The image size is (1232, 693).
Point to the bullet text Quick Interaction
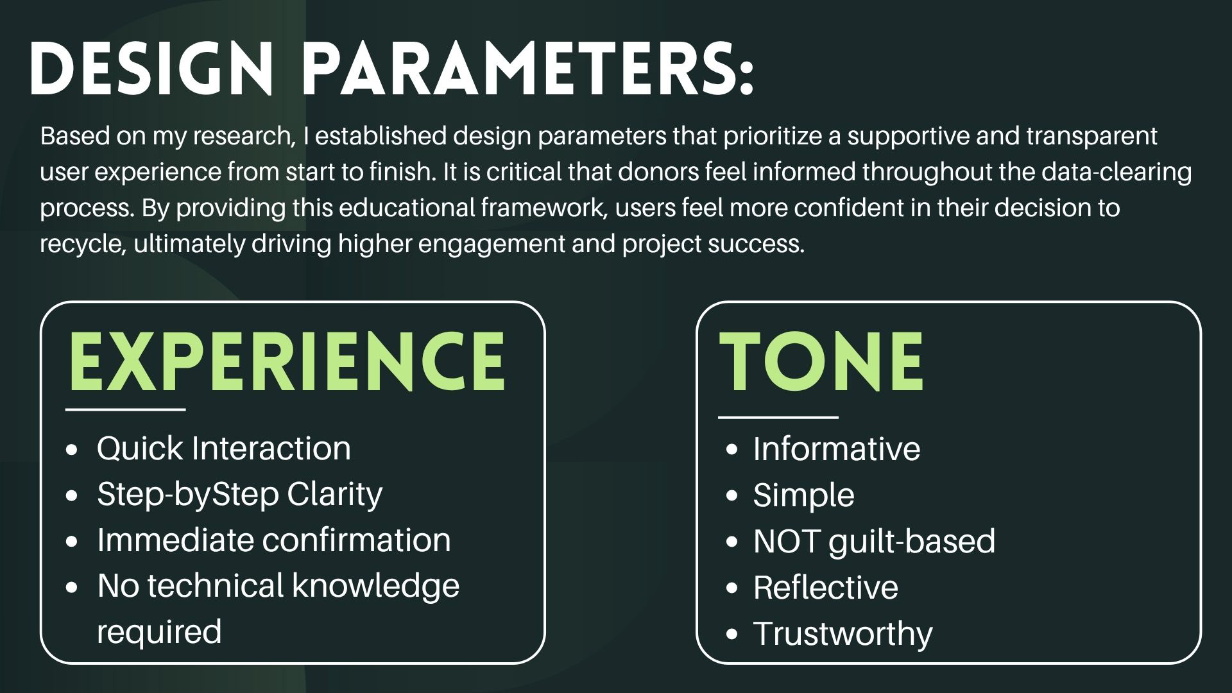pos(224,448)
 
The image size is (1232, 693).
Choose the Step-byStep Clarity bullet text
pos(239,494)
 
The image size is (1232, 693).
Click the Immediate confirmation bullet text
pos(274,540)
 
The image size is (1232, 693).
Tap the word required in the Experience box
pos(159,631)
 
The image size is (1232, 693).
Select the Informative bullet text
pos(837,448)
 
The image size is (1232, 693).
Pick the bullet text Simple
pos(803,495)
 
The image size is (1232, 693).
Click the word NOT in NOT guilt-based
pos(787,541)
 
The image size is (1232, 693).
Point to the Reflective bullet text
pos(826,587)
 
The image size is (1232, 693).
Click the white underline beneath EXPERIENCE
pos(126,409)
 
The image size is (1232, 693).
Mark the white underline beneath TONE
pos(778,417)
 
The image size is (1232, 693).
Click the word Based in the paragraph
pos(70,136)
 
